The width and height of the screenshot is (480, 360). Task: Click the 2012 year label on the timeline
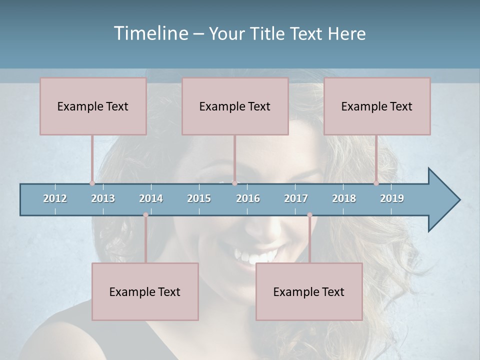pos(55,198)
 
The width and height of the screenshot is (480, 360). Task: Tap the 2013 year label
pos(103,198)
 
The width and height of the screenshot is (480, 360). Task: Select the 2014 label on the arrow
pos(151,198)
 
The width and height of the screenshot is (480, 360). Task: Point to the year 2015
pos(199,198)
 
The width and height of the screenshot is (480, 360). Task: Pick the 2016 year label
pos(248,198)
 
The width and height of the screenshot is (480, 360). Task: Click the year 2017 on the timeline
pos(296,198)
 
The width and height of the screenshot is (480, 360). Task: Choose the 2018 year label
pos(344,198)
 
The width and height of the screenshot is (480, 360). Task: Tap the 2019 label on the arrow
pos(392,198)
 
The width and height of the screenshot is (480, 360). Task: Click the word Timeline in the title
pos(150,33)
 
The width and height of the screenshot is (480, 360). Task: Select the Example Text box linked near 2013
pos(93,106)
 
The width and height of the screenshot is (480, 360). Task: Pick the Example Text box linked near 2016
pos(235,106)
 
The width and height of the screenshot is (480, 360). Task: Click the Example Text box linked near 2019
pos(377,106)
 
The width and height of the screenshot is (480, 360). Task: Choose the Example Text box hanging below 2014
pos(145,291)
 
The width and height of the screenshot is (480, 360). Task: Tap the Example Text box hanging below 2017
pos(309,291)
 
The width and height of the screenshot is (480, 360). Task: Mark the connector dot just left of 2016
pos(234,183)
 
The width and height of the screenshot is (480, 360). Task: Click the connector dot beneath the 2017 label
pos(309,215)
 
